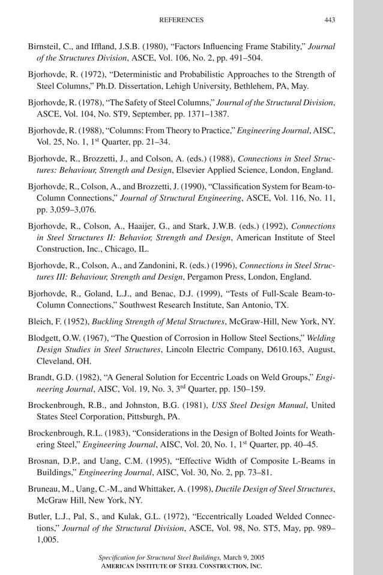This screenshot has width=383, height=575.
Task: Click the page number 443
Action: pyautogui.click(x=330, y=20)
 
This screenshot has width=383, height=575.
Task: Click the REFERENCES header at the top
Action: pyautogui.click(x=181, y=20)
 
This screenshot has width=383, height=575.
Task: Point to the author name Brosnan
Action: pyautogui.click(x=44, y=461)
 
